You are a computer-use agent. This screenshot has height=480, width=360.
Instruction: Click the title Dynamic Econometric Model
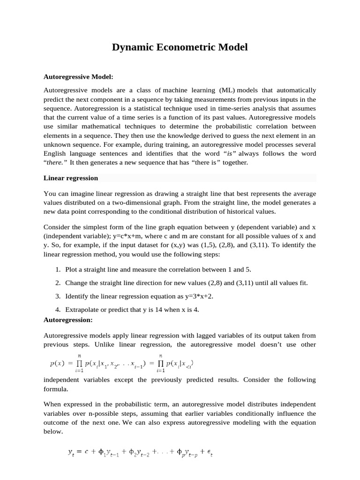point(180,47)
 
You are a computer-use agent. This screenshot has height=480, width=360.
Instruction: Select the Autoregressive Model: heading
point(78,76)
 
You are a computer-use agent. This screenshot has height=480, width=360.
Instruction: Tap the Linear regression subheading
point(71,178)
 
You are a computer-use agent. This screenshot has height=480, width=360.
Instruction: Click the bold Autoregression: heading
point(68,320)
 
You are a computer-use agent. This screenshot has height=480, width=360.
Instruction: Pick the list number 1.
point(57,270)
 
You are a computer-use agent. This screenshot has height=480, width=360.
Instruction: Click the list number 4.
point(57,310)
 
